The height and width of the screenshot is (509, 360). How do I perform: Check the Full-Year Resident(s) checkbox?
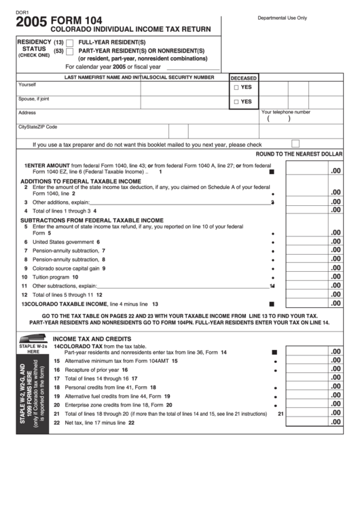(x=69, y=42)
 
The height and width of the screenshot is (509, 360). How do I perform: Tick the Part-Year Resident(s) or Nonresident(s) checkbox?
(x=69, y=52)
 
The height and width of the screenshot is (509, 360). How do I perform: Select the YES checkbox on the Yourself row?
(x=236, y=88)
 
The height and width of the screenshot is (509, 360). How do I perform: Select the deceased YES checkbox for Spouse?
(x=236, y=102)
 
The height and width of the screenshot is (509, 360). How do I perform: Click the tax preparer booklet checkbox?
(x=295, y=143)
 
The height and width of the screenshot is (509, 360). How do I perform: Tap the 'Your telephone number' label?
(x=286, y=112)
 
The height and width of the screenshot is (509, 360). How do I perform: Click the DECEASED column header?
(x=244, y=77)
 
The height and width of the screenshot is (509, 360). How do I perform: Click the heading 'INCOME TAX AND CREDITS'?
(x=91, y=338)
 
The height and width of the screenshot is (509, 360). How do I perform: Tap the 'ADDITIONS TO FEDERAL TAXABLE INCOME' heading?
(x=80, y=181)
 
